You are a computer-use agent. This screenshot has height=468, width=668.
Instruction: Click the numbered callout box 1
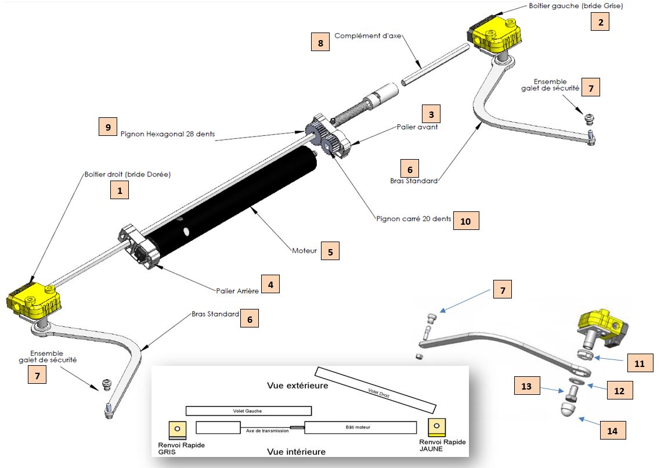tap(119, 190)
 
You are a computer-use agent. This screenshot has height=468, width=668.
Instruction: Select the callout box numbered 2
tap(600, 23)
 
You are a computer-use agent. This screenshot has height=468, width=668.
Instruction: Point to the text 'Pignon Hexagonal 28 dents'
tap(168, 134)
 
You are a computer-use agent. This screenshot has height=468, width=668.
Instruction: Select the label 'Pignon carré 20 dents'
tap(413, 220)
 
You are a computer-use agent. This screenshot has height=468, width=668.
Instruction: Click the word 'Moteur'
tap(305, 251)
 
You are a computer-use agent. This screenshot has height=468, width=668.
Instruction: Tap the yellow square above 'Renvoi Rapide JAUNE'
tap(436, 427)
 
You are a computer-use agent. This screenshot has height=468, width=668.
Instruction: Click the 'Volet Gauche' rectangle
tap(248, 411)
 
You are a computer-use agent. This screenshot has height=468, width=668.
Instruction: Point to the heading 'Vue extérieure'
tap(298, 385)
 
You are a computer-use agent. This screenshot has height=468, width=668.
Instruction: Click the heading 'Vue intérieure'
tap(296, 451)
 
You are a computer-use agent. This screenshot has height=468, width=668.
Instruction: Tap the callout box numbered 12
tap(619, 391)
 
